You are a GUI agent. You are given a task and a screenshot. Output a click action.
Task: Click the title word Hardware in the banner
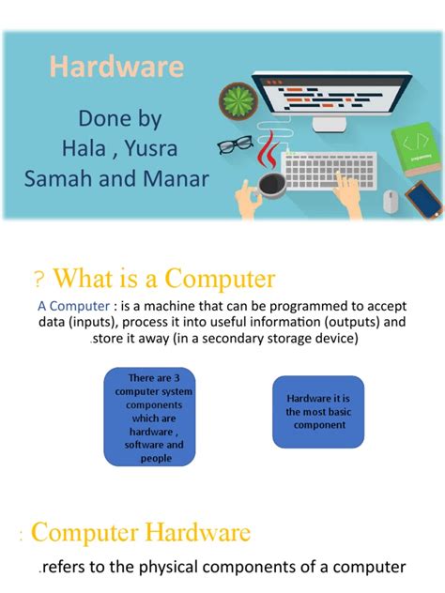(116, 68)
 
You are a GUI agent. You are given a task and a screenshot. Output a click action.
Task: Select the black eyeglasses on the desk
(235, 144)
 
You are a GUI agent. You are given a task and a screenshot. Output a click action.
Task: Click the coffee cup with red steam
(271, 181)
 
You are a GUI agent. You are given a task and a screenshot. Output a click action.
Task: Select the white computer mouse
(390, 199)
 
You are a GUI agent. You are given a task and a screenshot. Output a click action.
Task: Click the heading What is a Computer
(164, 279)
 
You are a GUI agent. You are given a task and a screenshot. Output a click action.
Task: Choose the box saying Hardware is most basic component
(316, 412)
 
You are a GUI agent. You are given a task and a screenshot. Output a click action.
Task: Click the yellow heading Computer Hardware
(141, 534)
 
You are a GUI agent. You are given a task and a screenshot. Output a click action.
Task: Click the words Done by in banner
(119, 119)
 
